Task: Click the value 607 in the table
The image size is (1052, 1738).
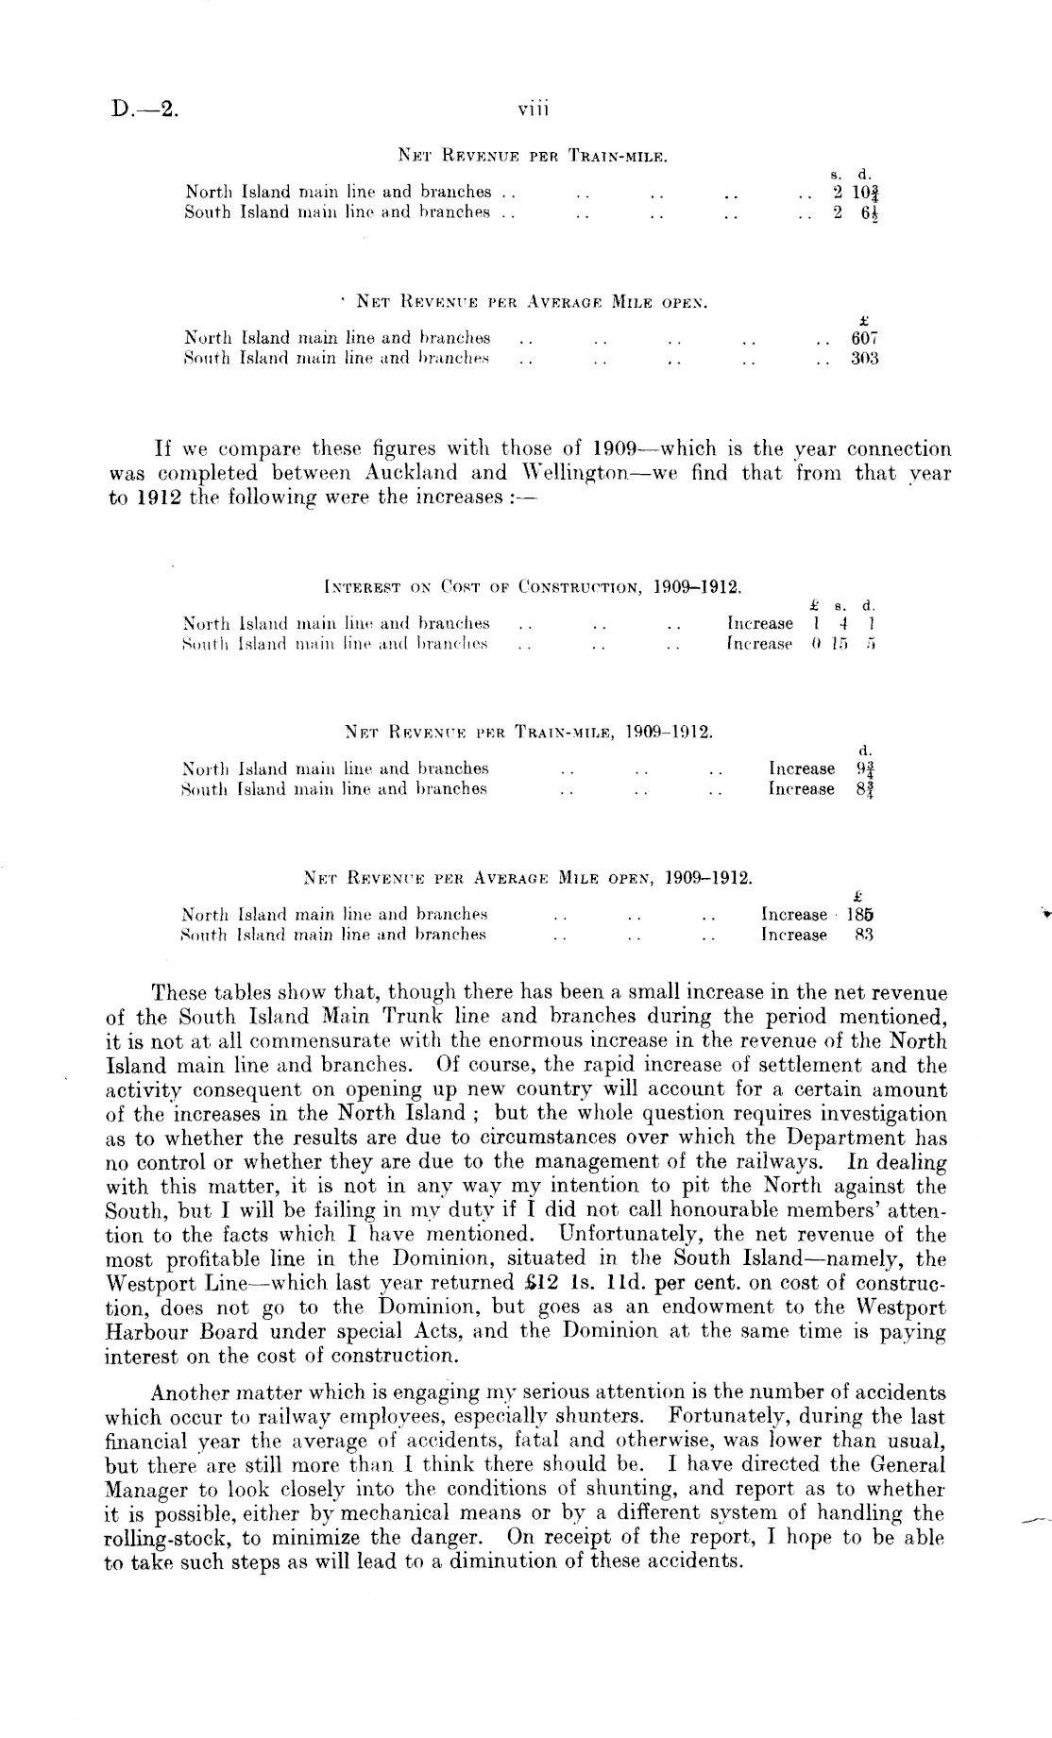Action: (x=865, y=338)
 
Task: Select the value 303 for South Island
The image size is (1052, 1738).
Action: (x=865, y=359)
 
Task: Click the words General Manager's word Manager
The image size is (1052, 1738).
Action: (x=144, y=1489)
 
